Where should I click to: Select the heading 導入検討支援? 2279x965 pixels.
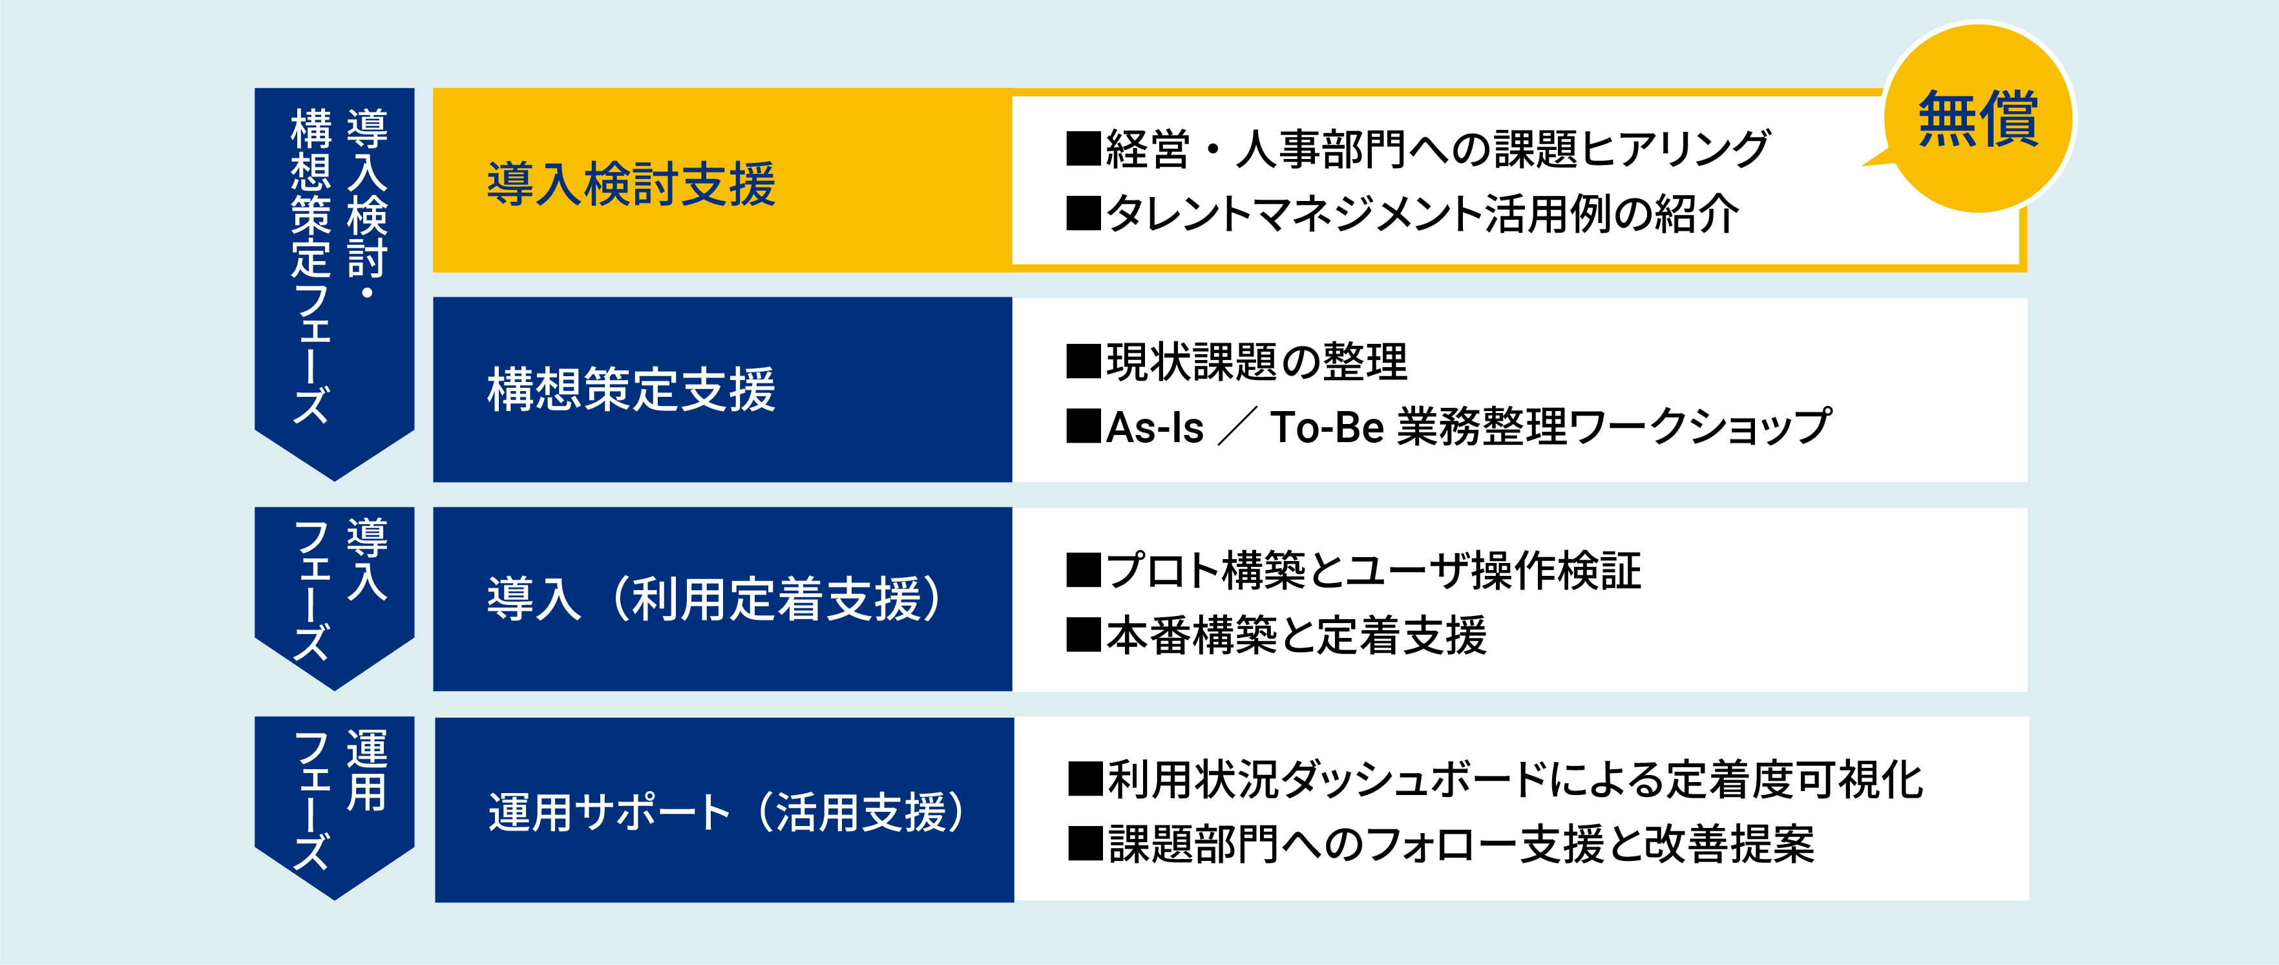632,184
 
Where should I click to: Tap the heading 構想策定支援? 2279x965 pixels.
632,390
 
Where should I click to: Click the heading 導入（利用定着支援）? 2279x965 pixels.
715,599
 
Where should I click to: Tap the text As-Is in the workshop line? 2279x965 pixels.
1155,428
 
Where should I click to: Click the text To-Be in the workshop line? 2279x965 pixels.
1327,428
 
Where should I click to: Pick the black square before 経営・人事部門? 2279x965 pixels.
1084,149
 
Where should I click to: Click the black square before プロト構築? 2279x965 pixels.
1084,570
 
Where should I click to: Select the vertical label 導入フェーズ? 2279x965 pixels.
339,589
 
